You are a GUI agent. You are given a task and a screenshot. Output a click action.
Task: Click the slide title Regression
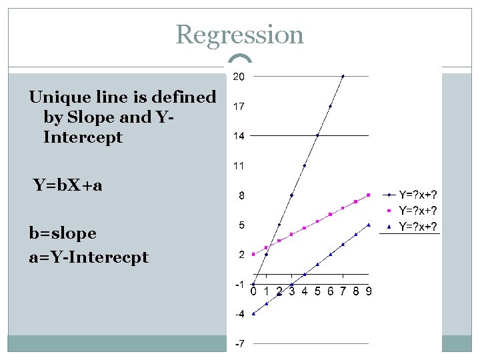tap(240, 35)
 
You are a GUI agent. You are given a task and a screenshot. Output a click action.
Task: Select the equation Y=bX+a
tap(68, 185)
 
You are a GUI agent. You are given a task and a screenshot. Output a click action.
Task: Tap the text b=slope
tap(63, 233)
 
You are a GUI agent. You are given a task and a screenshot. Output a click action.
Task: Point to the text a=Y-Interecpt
tap(89, 257)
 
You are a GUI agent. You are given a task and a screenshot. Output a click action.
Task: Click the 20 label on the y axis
tap(238, 77)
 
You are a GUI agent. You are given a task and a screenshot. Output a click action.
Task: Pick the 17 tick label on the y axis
tap(238, 106)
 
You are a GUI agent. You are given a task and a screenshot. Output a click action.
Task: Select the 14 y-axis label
tap(238, 136)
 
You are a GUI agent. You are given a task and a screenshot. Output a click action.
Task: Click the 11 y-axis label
tap(238, 165)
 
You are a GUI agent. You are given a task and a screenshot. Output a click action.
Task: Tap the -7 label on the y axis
tap(238, 343)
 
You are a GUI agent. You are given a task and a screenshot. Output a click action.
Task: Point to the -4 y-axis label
tap(238, 313)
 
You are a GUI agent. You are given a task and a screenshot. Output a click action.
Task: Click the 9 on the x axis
tap(369, 291)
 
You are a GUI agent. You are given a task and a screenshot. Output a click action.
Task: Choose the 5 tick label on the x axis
tap(317, 291)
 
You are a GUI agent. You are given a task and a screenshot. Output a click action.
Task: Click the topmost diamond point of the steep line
tap(343, 77)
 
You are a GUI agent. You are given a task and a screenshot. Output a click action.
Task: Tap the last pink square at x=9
tap(369, 195)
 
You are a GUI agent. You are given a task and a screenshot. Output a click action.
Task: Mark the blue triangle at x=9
tap(369, 225)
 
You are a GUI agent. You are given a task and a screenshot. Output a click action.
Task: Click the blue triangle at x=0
tap(253, 313)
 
